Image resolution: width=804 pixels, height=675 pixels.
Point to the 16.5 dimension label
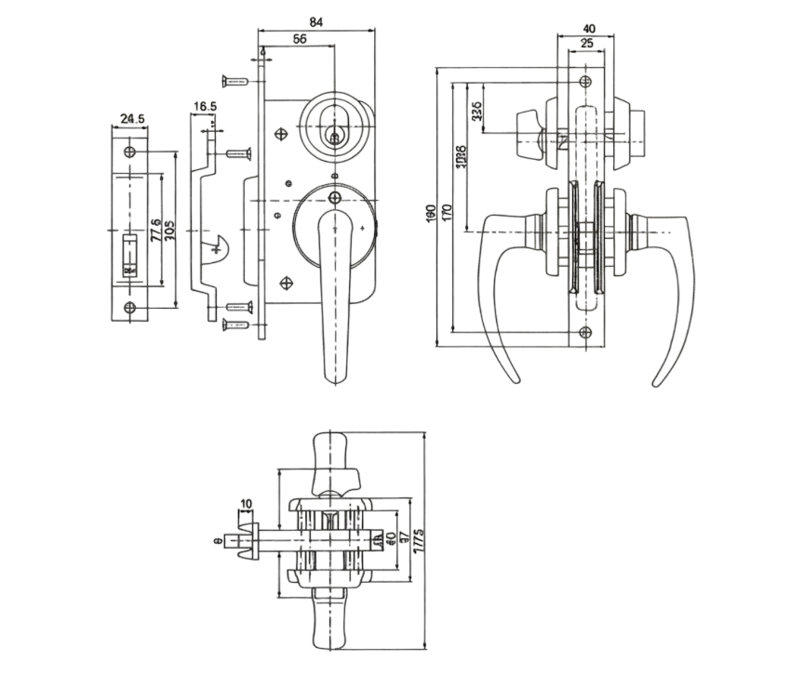(x=206, y=106)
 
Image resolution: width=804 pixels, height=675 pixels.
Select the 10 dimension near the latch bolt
(x=246, y=505)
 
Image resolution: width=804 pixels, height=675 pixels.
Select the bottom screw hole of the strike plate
(x=129, y=309)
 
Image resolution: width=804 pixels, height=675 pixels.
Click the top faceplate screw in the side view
(x=584, y=81)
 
